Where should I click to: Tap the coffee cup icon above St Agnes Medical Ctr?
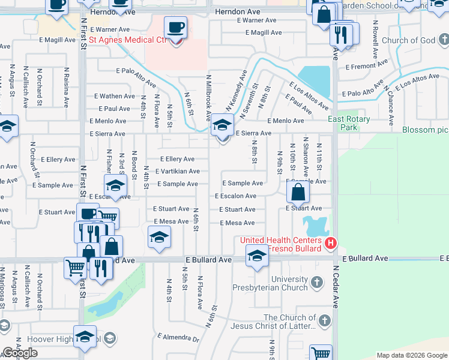coord(175,28)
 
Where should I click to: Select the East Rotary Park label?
coord(349,124)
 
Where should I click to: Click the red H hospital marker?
coord(330,244)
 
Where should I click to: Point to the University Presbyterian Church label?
coord(289,284)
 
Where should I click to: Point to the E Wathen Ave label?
coord(115,96)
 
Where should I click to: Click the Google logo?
coord(20,353)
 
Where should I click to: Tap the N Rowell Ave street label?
coord(375,40)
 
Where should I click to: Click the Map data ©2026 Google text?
coord(411,355)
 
